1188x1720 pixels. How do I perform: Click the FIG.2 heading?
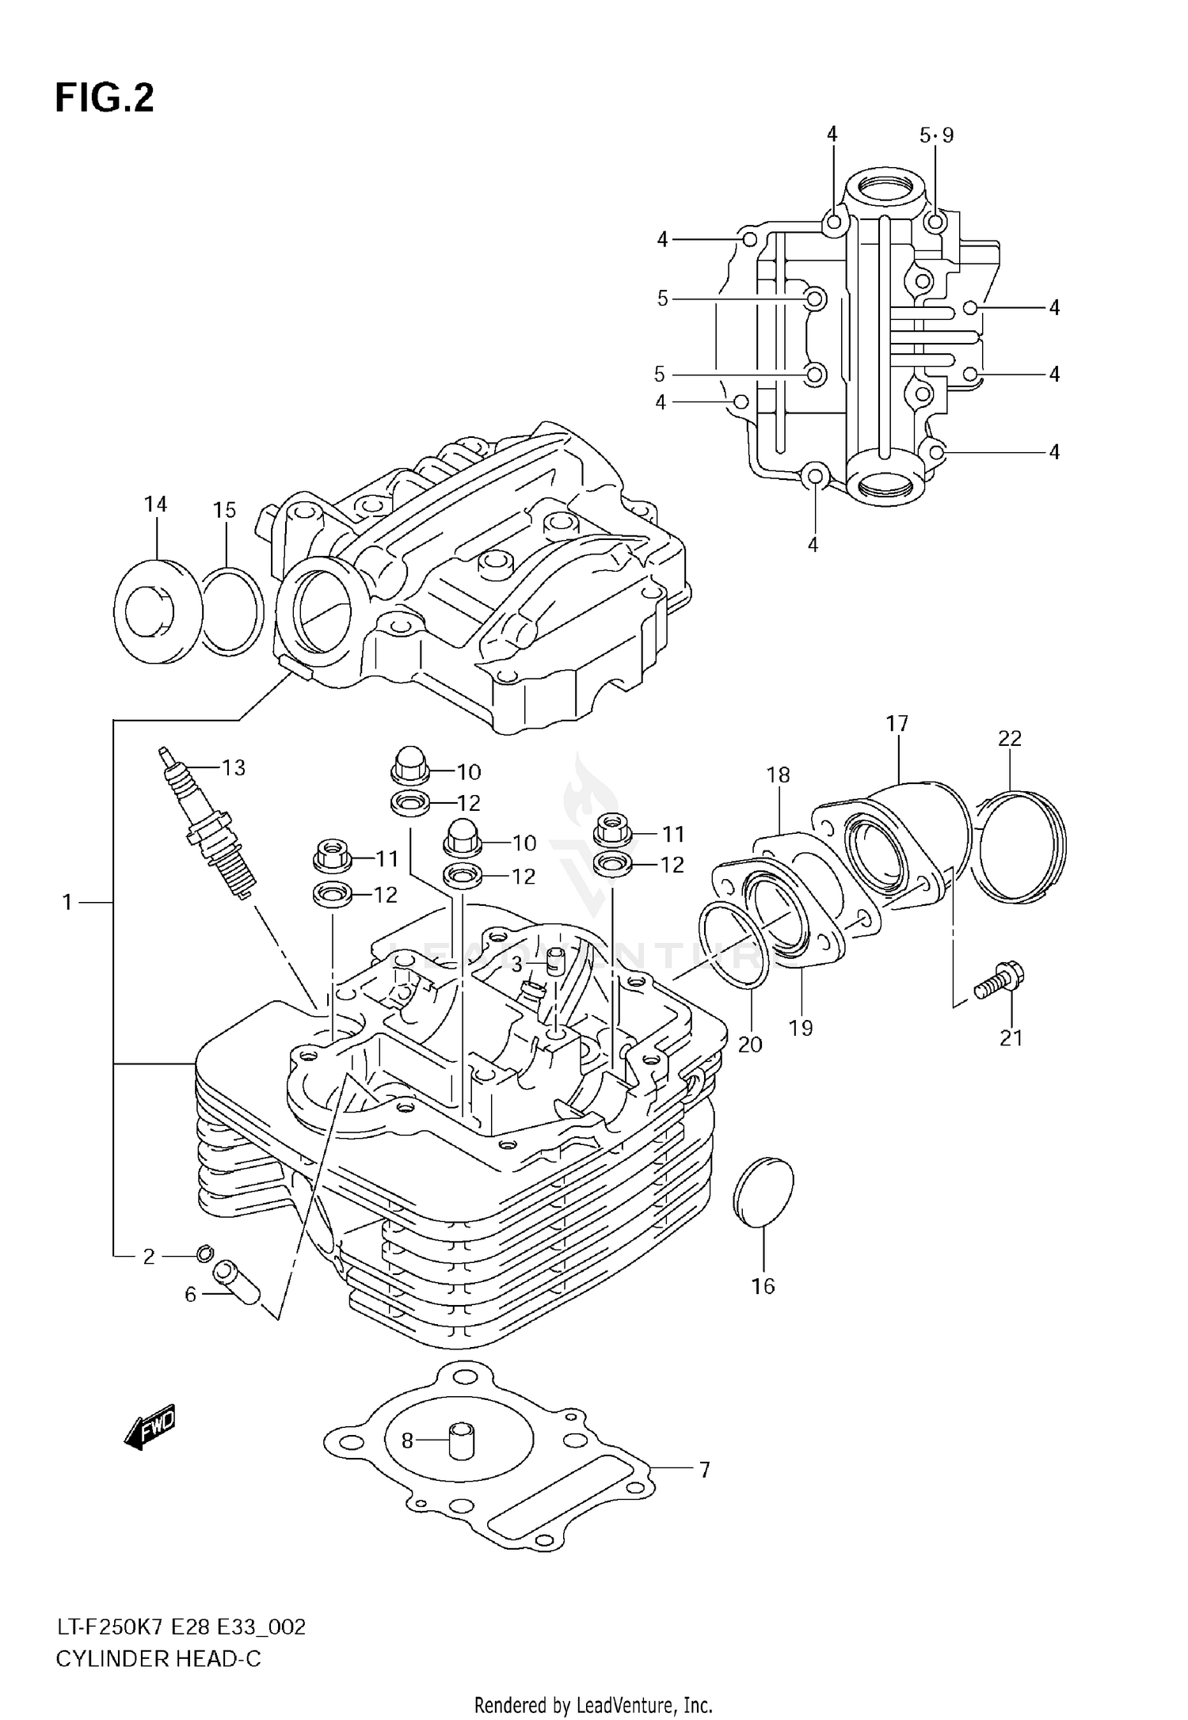(x=105, y=100)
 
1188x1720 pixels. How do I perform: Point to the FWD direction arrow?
(x=150, y=1425)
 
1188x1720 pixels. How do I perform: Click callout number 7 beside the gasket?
(x=704, y=1470)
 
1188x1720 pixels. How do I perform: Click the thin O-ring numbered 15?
(x=230, y=611)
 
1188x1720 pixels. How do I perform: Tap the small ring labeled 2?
(x=204, y=1252)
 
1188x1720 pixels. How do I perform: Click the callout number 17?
(x=897, y=723)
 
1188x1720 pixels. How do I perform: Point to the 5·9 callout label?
(x=936, y=135)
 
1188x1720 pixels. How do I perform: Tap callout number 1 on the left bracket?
(x=67, y=902)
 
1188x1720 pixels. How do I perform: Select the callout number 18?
(x=778, y=774)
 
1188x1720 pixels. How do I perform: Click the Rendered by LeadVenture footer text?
(x=593, y=1705)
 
